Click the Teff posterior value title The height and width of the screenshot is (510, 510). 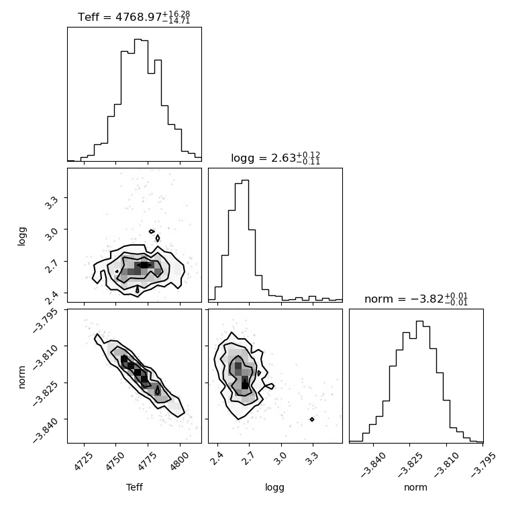click(x=134, y=17)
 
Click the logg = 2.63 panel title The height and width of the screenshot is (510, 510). click(x=276, y=158)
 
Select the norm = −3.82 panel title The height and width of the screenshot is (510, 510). click(x=416, y=299)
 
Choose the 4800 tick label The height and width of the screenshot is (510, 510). click(x=178, y=461)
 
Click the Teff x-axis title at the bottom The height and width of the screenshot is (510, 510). click(x=134, y=487)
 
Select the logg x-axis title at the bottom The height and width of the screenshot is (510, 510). click(x=275, y=487)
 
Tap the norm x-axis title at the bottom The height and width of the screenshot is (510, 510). click(x=415, y=487)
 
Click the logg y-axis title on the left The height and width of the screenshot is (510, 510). click(x=21, y=236)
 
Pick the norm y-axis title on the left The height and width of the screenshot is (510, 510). click(x=21, y=377)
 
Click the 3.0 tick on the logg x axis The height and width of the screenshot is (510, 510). click(x=281, y=458)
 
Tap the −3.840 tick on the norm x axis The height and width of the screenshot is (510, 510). click(x=374, y=464)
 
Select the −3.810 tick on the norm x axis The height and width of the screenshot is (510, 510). click(x=447, y=464)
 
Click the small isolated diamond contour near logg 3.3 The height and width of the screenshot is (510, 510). click(x=312, y=419)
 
